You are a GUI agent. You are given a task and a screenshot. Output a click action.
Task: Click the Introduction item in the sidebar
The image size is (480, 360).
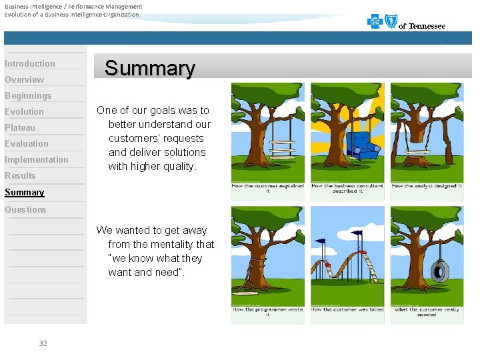30,63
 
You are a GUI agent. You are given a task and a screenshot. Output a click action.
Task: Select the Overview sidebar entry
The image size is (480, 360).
24,79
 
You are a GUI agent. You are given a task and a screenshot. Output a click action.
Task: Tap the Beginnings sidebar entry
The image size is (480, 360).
28,95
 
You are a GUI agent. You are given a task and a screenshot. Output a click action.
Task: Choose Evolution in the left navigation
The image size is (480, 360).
24,111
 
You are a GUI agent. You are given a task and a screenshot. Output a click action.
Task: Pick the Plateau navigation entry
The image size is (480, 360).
20,127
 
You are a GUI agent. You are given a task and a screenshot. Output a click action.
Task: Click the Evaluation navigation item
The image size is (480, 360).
27,143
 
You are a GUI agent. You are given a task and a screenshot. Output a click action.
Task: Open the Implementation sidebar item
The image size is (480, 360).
37,159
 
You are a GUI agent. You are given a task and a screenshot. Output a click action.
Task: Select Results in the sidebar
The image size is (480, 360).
20,175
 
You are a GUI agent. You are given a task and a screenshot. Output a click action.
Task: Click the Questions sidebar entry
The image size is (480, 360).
25,209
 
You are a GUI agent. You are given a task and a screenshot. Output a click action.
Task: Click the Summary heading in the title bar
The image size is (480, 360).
150,68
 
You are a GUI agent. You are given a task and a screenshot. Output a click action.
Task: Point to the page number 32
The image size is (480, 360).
43,343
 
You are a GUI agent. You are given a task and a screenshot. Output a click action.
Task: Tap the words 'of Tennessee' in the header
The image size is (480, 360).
422,26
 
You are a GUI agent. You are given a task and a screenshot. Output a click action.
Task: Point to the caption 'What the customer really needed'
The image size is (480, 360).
427,312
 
